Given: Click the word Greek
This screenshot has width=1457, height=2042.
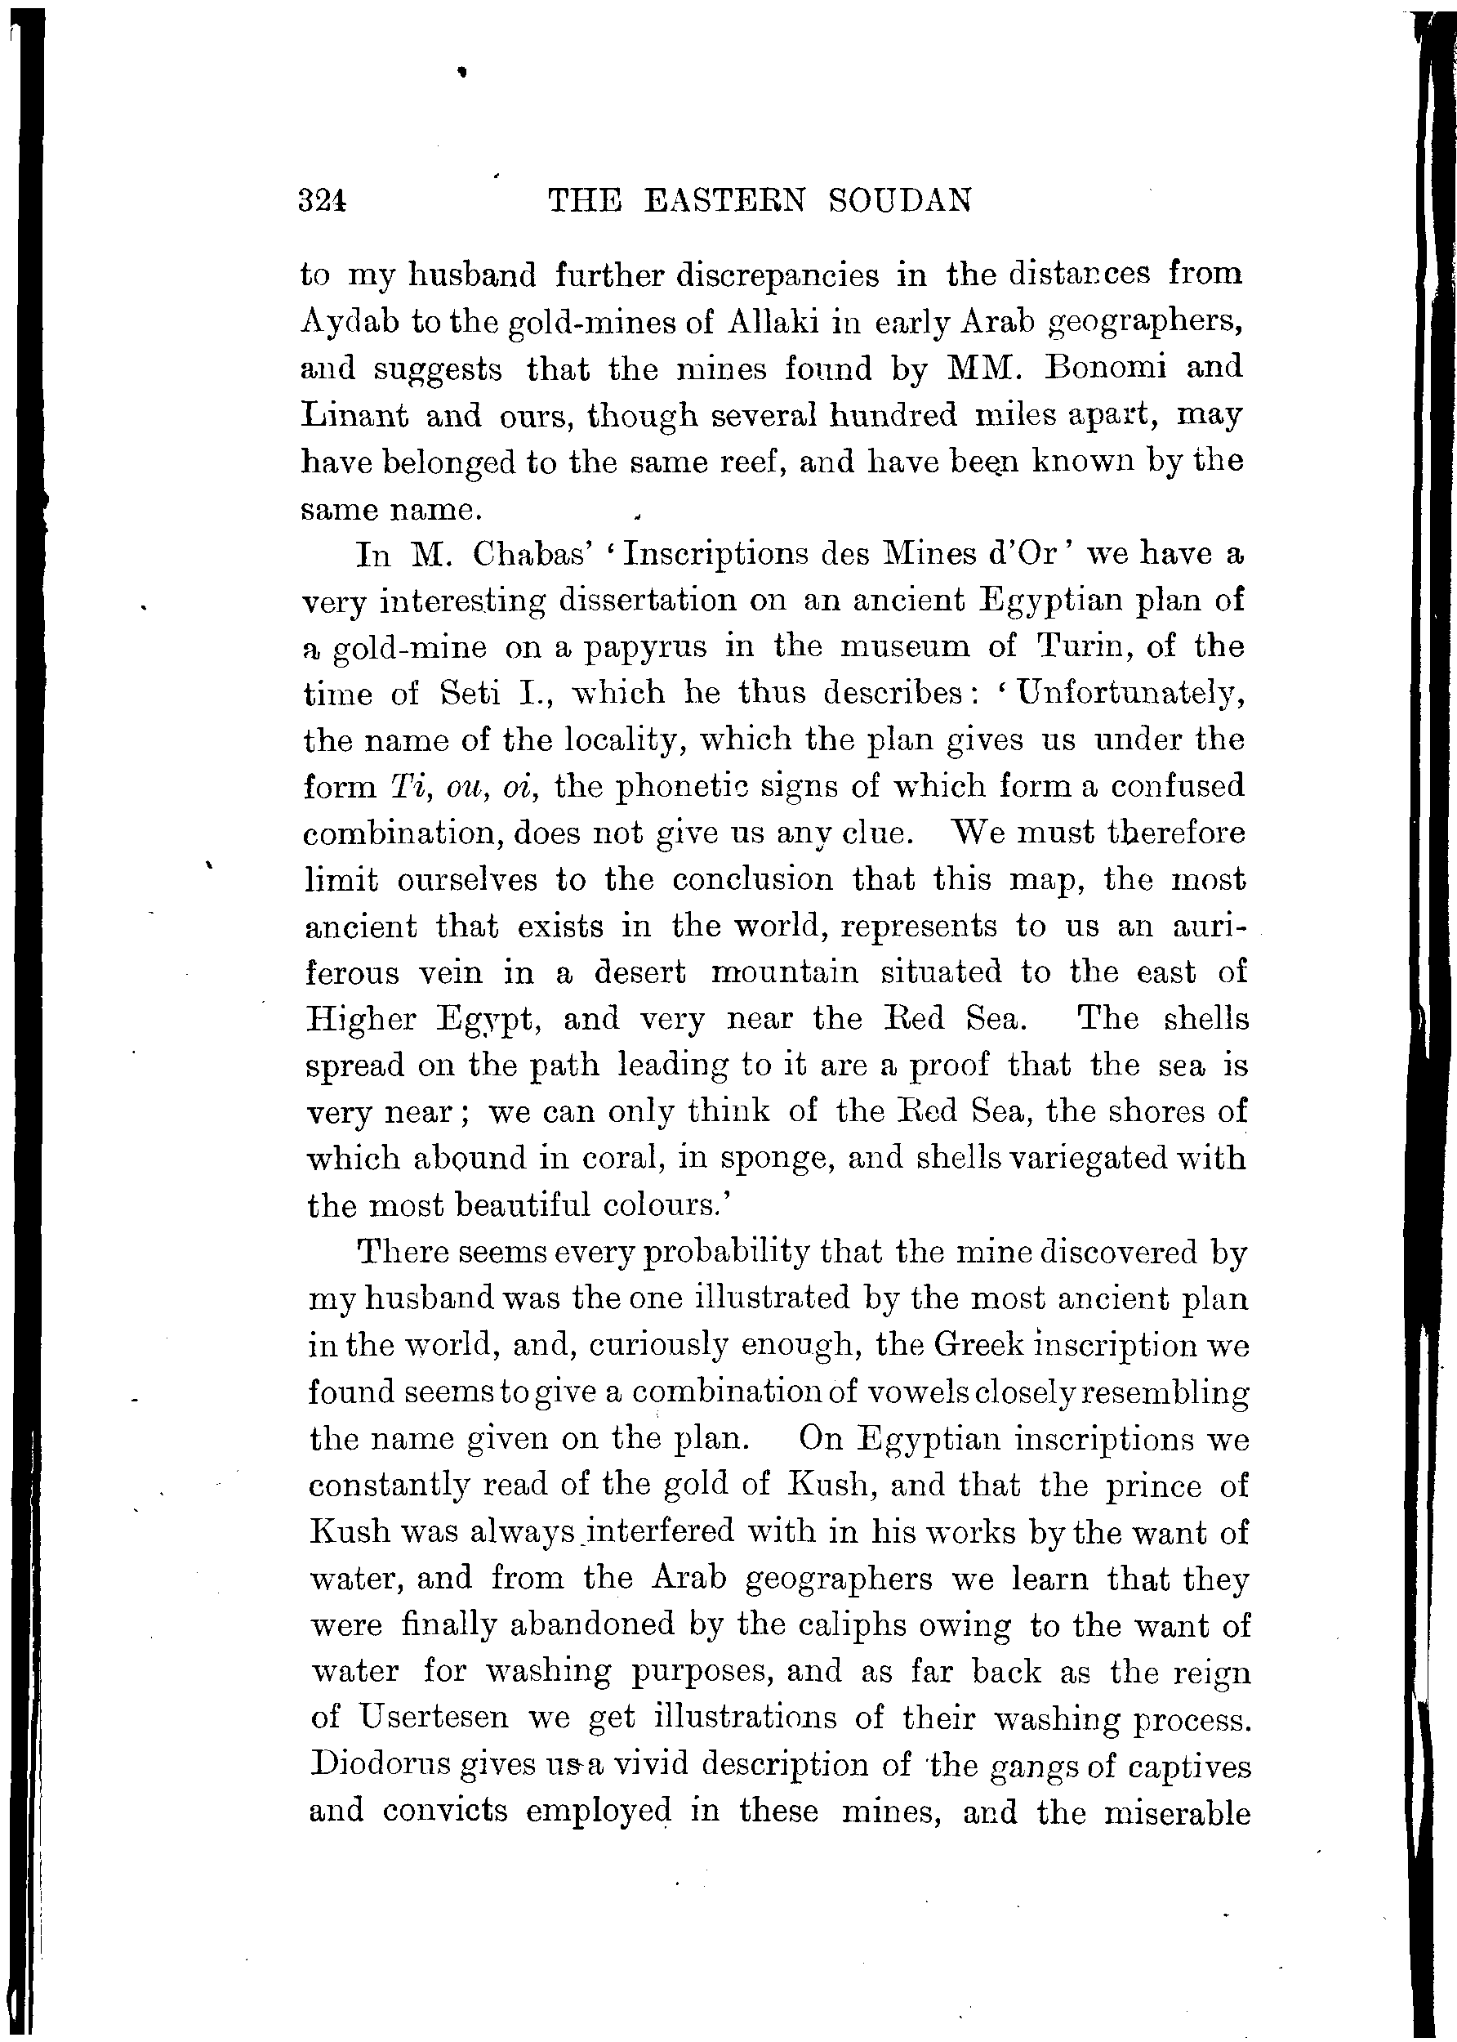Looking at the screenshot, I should tap(977, 1343).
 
